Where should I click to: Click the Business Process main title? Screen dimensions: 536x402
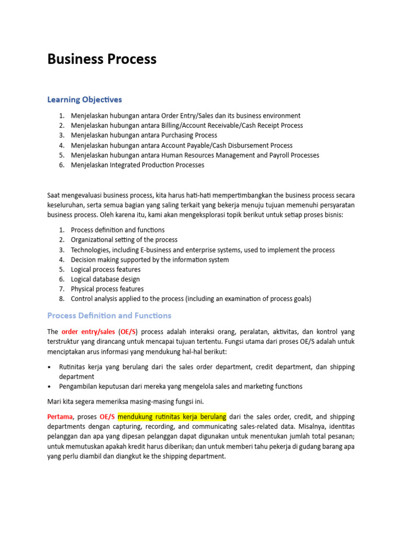(102, 59)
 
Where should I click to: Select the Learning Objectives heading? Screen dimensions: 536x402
(84, 99)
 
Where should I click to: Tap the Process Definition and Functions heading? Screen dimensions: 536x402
(109, 316)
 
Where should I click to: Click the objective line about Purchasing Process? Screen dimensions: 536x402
(144, 135)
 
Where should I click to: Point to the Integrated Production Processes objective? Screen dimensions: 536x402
(138, 165)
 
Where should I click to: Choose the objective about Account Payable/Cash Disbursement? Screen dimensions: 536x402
(182, 145)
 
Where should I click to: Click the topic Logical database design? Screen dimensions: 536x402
(105, 279)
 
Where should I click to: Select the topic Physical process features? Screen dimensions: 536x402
(107, 289)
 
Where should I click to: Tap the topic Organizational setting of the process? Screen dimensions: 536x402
(124, 240)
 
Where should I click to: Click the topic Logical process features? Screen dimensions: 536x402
(106, 270)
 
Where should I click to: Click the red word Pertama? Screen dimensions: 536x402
(60, 417)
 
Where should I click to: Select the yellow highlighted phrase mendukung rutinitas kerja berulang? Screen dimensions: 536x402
(172, 417)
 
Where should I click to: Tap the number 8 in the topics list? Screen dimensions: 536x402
(61, 299)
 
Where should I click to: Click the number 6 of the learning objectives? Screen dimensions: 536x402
(61, 165)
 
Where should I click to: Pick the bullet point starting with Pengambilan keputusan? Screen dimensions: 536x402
(181, 386)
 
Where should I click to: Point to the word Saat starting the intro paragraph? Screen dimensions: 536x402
(55, 195)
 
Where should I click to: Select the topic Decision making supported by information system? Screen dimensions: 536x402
(150, 260)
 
